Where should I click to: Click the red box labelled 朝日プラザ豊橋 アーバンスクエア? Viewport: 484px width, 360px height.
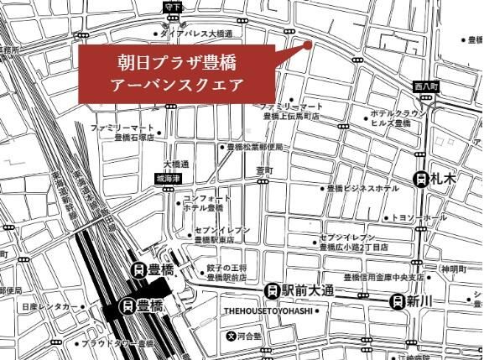coord(177,74)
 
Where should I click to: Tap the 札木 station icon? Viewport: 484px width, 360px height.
coord(421,179)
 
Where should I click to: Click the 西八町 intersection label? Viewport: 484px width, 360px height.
coord(426,86)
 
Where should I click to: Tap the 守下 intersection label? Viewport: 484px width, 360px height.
coord(173,7)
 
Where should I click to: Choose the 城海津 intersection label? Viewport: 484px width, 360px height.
coord(169,179)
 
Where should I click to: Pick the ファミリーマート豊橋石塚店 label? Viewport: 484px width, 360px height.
coord(124,133)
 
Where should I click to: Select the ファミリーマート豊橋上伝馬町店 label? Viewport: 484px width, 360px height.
coord(291,112)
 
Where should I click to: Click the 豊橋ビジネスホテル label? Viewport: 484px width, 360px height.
coord(362,189)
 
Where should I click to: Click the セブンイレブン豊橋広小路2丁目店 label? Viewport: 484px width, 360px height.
coord(352,243)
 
